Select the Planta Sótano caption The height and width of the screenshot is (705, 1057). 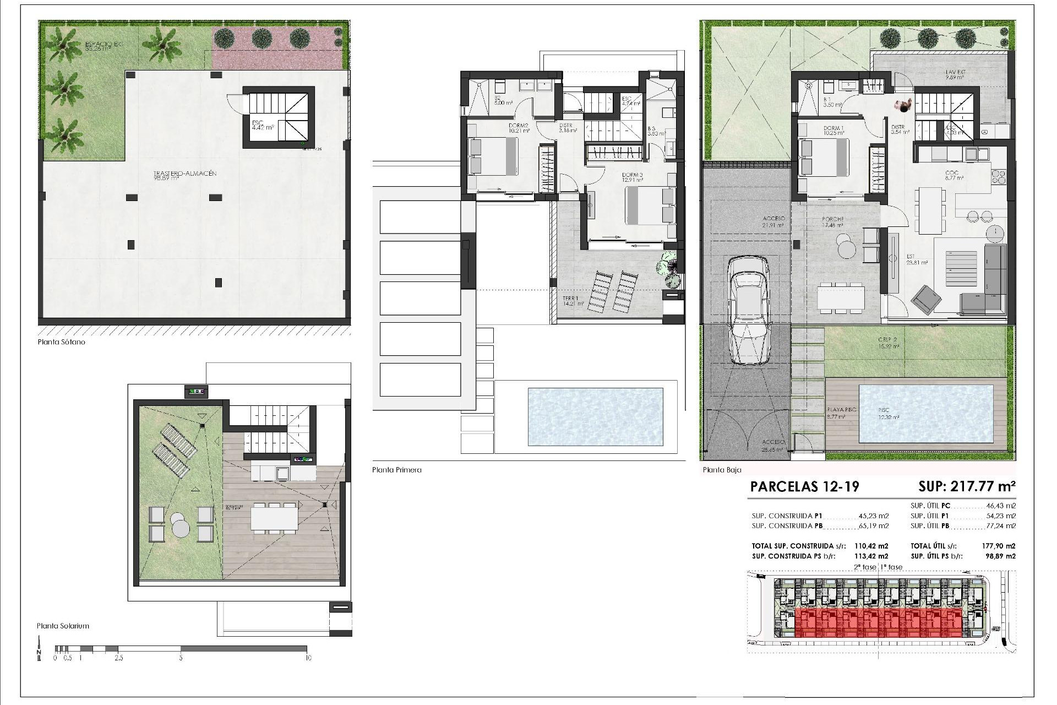click(x=61, y=342)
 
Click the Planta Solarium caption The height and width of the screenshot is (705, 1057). click(x=63, y=626)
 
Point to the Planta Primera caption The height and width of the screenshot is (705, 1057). click(x=396, y=470)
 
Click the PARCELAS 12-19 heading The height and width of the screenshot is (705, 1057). click(x=804, y=486)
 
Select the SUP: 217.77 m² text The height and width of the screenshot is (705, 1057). click(x=966, y=486)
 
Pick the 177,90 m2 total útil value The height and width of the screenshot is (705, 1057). click(x=999, y=546)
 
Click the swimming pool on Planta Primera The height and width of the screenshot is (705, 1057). click(x=595, y=417)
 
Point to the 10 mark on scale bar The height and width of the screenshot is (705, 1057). click(x=308, y=658)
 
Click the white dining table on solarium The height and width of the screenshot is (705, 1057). click(x=274, y=518)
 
